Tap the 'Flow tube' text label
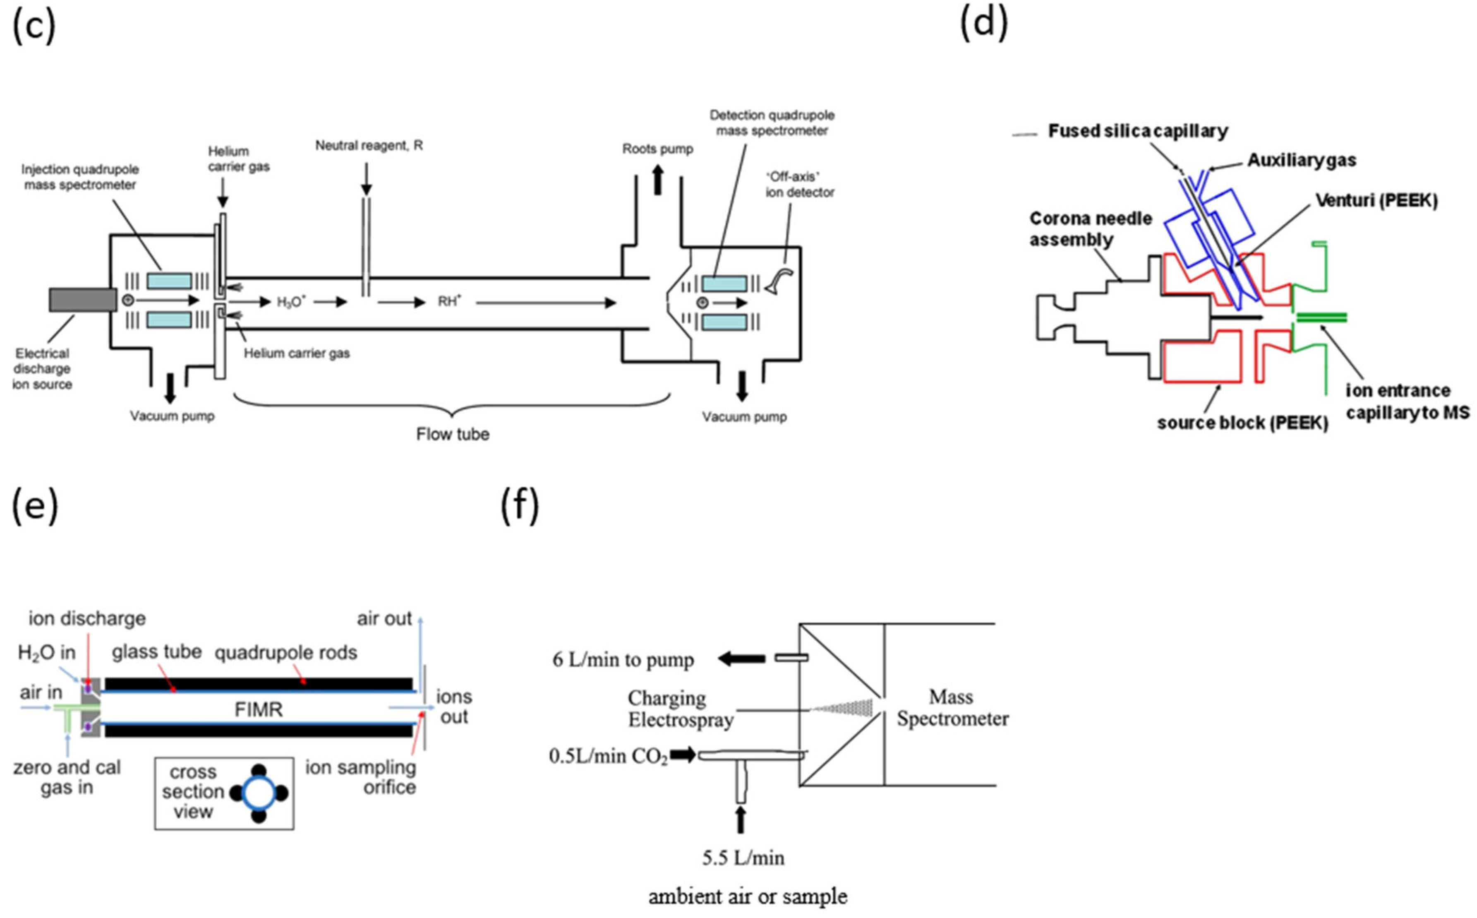pyautogui.click(x=453, y=434)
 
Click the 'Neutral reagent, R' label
pyautogui.click(x=369, y=146)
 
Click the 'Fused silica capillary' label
pyautogui.click(x=1138, y=131)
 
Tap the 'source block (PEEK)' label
pyautogui.click(x=1242, y=423)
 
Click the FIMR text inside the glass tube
pyautogui.click(x=259, y=710)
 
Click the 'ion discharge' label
pyautogui.click(x=87, y=619)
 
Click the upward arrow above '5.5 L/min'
pyautogui.click(x=740, y=819)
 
